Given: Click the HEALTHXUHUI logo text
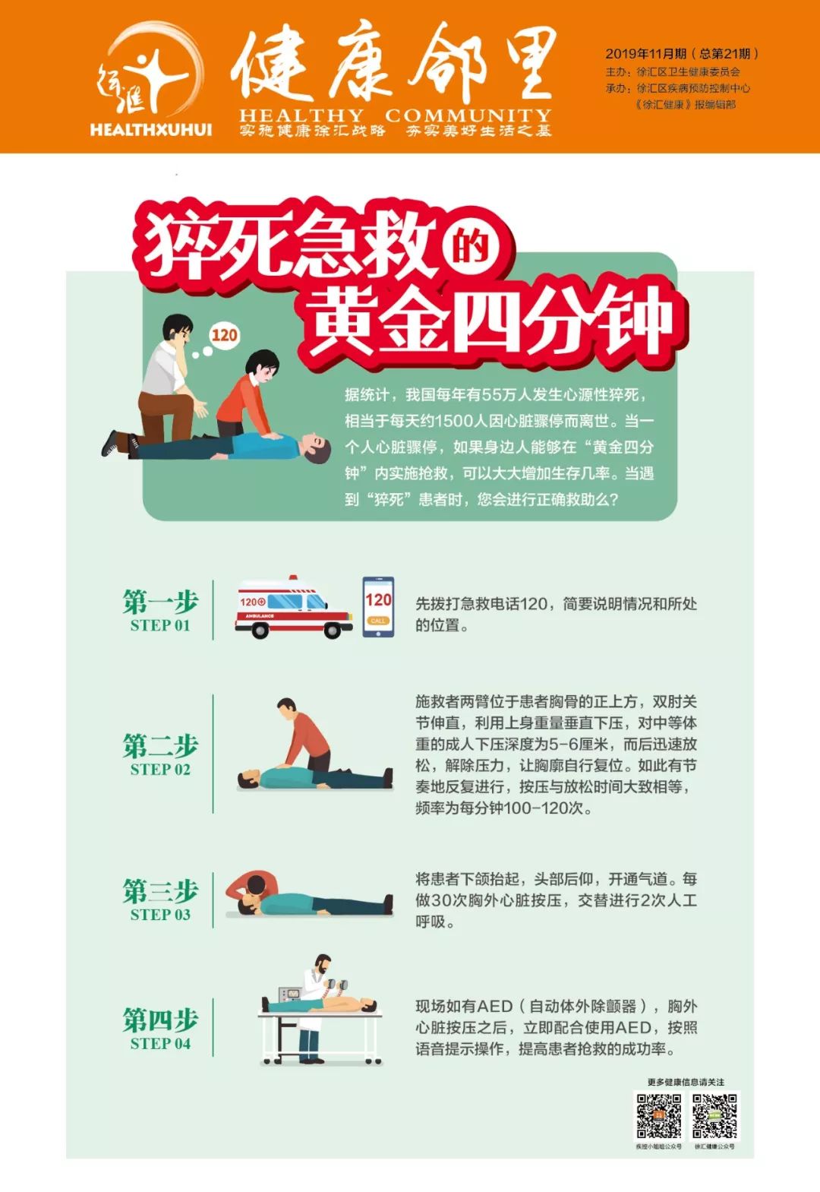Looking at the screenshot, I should coord(150,129).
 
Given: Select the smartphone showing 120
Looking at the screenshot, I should coord(378,606).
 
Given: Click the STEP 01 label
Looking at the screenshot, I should coord(160,625).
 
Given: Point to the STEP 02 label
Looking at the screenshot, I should coord(160,769).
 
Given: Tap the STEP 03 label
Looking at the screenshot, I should coord(160,914).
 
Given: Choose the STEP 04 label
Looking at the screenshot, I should coord(160,1043).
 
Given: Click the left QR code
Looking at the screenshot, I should coord(658,1116).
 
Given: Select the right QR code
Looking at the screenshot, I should coord(714,1116).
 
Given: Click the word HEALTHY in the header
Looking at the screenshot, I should coord(301,115).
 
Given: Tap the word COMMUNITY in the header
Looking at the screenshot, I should coord(468,115).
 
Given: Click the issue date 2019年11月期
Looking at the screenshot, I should coord(646,53).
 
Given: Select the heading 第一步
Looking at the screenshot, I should coord(160,602).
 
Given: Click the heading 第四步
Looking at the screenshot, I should coord(160,1020).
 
